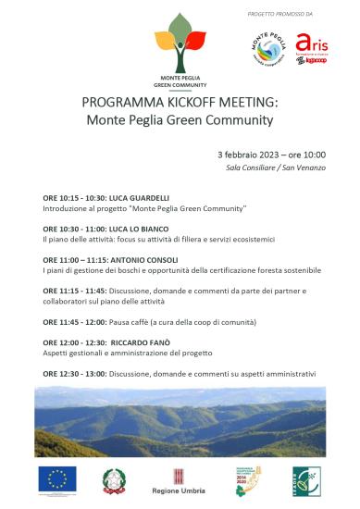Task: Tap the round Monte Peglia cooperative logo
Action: click(x=267, y=48)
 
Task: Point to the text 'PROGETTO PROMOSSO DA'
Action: click(x=281, y=15)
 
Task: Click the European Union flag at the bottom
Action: click(x=57, y=478)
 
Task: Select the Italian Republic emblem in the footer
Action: click(x=115, y=479)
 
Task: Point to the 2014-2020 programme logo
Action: click(x=247, y=479)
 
